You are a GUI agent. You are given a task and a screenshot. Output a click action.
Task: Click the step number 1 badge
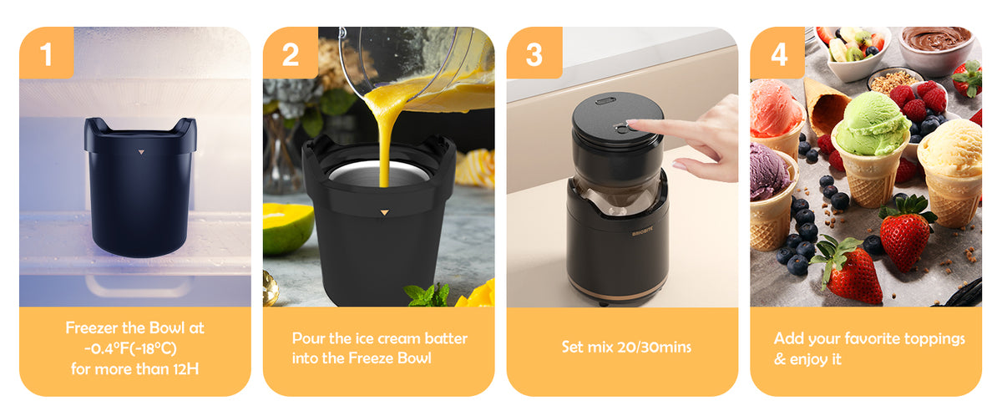(47, 53)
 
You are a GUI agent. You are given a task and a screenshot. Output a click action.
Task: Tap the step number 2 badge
(291, 53)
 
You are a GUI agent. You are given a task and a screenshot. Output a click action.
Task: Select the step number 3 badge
(534, 53)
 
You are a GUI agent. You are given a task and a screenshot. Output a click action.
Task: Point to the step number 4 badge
(778, 53)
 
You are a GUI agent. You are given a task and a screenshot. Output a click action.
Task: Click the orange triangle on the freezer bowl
(141, 152)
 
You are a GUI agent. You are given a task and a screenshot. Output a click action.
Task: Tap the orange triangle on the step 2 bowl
(384, 212)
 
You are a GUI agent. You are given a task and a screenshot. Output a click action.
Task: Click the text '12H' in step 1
(185, 369)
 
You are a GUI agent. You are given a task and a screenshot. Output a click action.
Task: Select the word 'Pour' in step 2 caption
(308, 338)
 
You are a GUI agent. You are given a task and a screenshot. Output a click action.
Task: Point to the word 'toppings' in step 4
(934, 339)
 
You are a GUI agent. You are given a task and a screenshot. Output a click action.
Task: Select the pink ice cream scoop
(775, 108)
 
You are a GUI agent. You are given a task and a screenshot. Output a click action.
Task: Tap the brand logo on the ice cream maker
(642, 233)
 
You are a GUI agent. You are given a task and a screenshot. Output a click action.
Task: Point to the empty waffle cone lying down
(825, 107)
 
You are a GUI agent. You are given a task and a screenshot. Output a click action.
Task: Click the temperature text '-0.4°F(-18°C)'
(130, 348)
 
